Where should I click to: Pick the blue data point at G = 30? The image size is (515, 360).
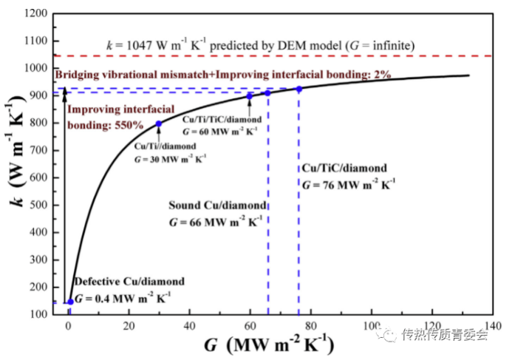click(159, 123)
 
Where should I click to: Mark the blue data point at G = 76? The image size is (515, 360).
click(299, 89)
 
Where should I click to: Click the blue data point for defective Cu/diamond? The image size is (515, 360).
click(70, 302)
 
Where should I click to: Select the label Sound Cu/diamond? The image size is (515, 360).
click(206, 204)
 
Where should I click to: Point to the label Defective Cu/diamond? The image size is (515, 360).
click(130, 282)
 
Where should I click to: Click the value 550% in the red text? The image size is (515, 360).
click(127, 125)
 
